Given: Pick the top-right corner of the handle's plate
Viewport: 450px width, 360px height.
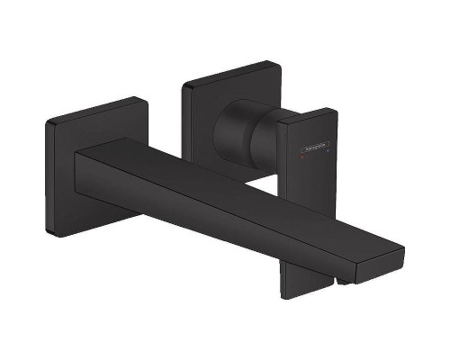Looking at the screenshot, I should (275, 65).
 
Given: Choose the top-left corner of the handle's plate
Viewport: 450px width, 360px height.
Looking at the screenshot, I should (184, 86).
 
